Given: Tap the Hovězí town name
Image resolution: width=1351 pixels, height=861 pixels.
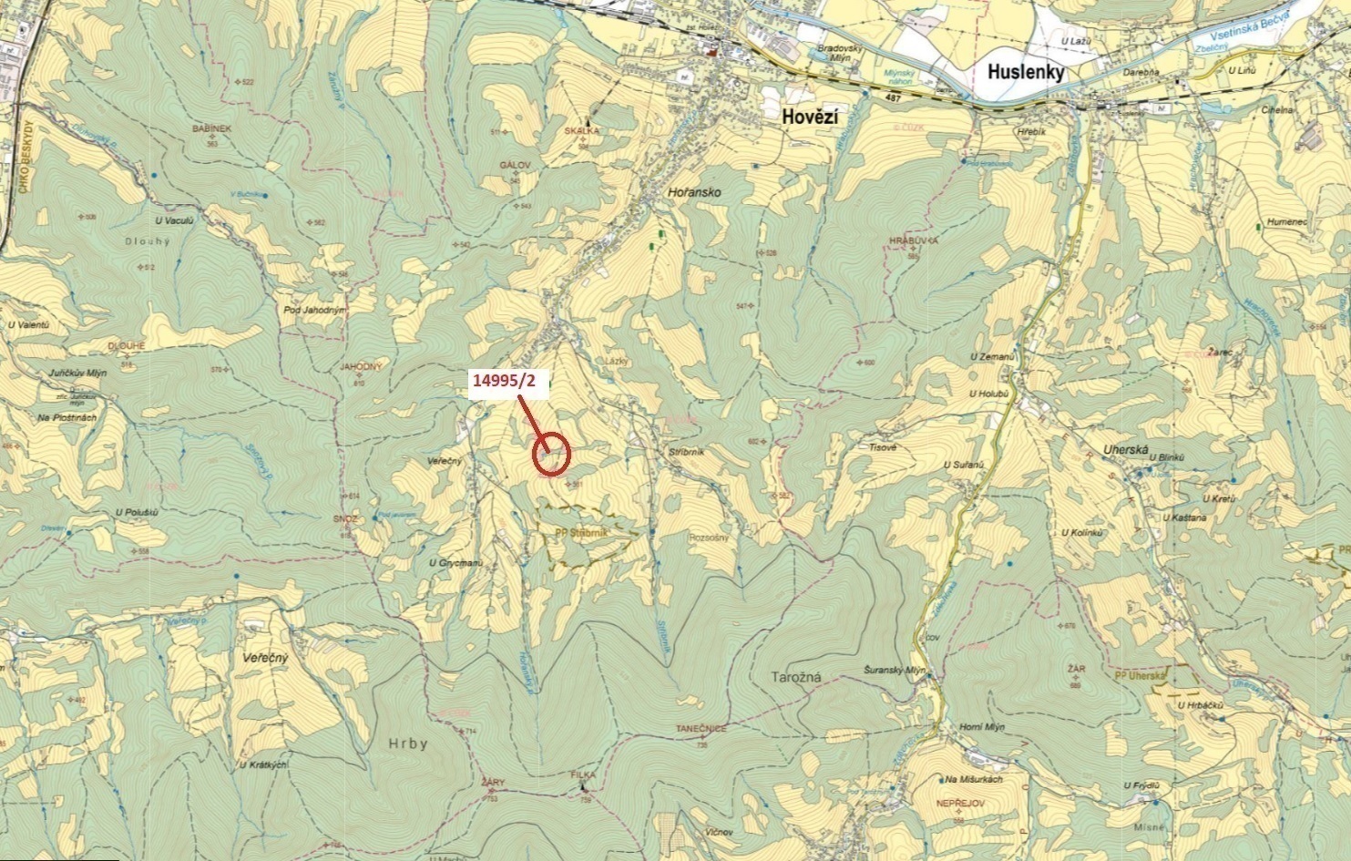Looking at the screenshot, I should tap(811, 117).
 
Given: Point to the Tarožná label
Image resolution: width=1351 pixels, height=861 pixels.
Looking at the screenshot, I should tap(796, 677).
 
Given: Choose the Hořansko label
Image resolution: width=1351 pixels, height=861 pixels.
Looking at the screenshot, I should tap(694, 193).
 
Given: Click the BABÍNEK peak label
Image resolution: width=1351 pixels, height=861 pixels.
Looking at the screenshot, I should tap(212, 129).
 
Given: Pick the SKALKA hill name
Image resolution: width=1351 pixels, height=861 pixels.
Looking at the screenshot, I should tap(582, 131).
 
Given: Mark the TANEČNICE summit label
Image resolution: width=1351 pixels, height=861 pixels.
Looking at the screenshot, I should tap(701, 729).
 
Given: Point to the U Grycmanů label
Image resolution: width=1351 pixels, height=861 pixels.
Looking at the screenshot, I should tap(455, 564).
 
